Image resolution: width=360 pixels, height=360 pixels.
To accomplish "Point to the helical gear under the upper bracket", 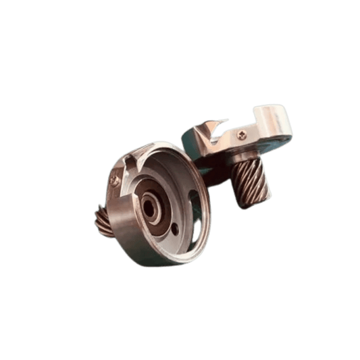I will coord(253,182).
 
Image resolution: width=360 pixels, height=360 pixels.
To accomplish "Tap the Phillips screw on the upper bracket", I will coord(242,135).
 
